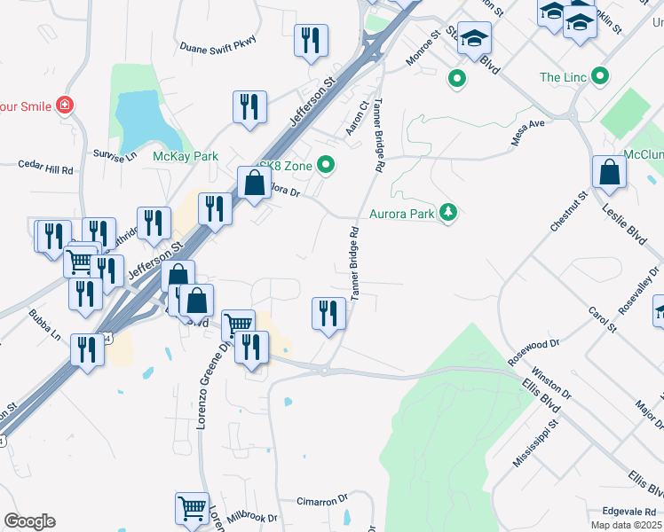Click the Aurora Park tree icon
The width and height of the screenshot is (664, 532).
click(449, 213)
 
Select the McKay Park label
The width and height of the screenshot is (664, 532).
click(186, 156)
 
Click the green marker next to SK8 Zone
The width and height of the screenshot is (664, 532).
click(327, 164)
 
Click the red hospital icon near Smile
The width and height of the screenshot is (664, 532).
click(64, 106)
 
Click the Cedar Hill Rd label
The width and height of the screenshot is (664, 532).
click(46, 167)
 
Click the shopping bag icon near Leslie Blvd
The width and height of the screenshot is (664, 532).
click(610, 172)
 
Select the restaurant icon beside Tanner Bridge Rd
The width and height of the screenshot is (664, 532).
click(328, 313)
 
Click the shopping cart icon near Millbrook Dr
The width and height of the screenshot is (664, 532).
click(192, 509)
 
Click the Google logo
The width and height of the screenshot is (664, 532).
click(29, 521)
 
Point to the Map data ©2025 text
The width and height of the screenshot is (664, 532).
click(627, 525)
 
